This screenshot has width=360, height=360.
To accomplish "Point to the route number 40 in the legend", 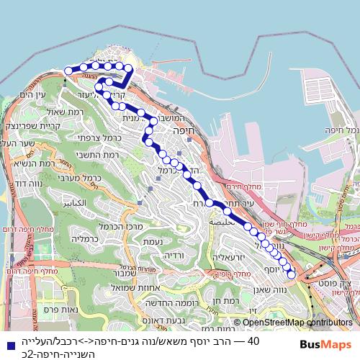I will (x=253, y=341).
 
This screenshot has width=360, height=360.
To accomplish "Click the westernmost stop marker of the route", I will (x=68, y=71).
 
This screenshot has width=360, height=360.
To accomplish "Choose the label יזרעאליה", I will (x=230, y=257).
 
